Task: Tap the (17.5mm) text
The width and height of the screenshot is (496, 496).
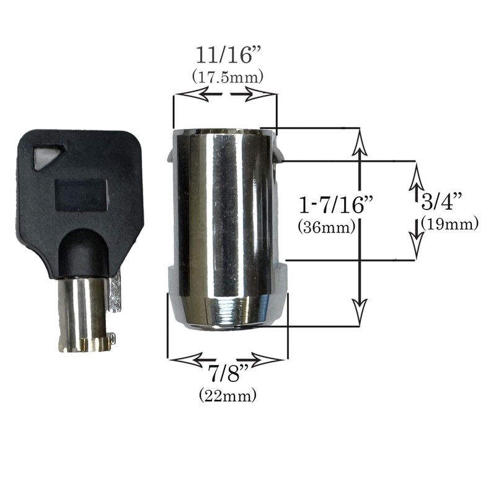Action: [x=227, y=77]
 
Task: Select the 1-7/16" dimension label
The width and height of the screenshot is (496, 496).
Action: [x=327, y=205]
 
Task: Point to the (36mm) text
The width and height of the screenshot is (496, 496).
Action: [x=326, y=227]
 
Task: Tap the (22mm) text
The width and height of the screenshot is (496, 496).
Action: [x=227, y=395]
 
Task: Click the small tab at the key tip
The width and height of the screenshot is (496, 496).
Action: [x=112, y=338]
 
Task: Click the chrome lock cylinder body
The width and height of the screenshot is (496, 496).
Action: [x=223, y=217]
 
